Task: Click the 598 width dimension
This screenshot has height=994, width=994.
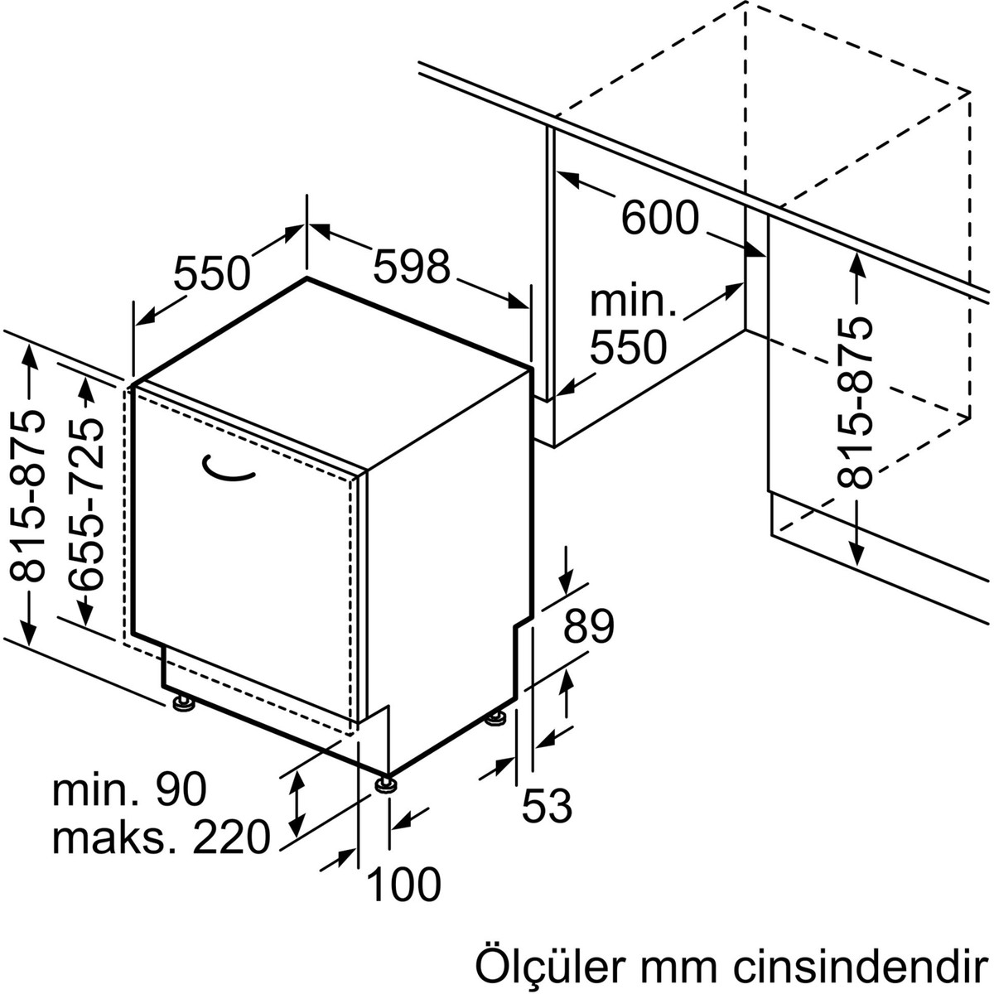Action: coord(412,267)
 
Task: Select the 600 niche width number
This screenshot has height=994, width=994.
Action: coord(660,218)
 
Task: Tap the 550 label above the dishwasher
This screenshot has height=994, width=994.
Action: coord(211,273)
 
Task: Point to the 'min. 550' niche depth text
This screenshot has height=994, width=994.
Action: coord(630,326)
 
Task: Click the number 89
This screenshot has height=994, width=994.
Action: coord(589,626)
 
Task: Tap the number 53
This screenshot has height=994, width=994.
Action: coord(548,805)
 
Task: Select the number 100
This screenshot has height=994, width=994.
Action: coord(403,885)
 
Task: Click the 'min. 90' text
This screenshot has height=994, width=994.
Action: coord(129,790)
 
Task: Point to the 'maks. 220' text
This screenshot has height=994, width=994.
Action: coord(162,837)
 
